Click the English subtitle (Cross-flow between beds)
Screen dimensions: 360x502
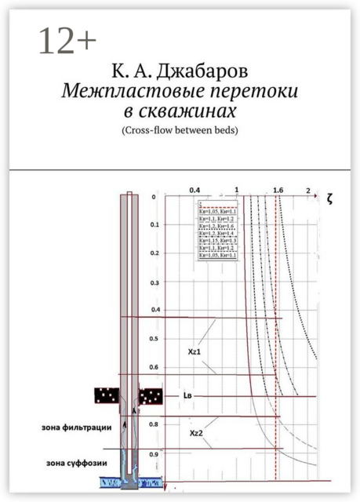(x=180, y=129)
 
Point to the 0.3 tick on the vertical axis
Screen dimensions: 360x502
(x=155, y=282)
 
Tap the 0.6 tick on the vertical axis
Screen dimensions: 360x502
(x=155, y=367)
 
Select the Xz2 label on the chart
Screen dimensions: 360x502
(x=197, y=432)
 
